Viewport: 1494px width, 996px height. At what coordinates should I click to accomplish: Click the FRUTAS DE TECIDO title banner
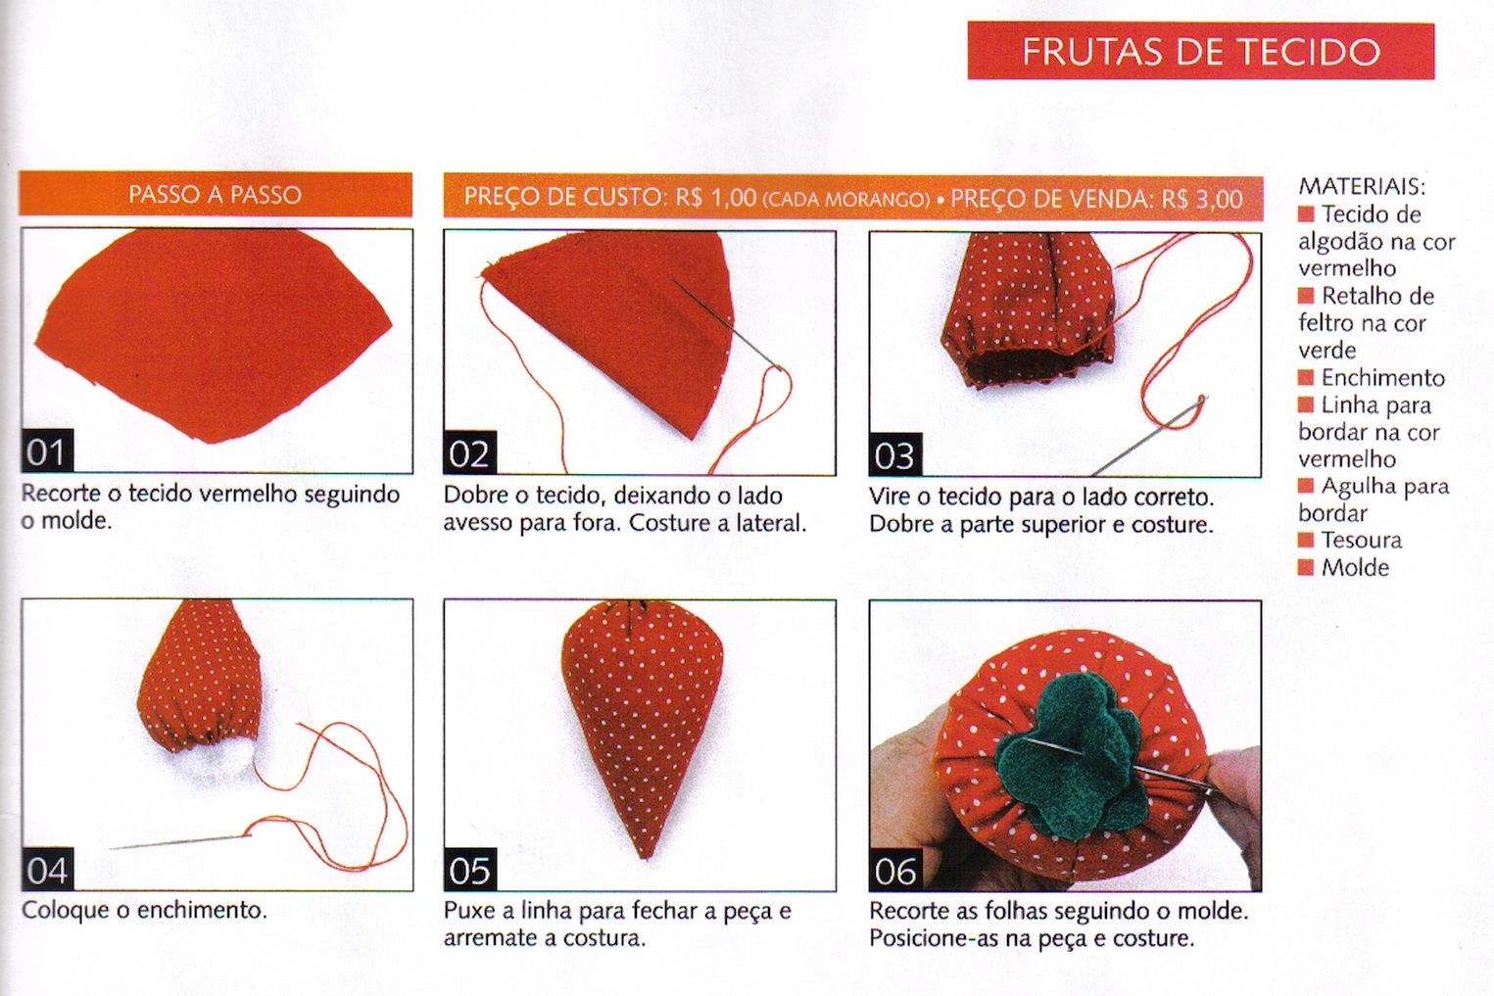[x=1200, y=51]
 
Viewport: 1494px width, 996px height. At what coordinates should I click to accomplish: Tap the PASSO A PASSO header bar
[x=215, y=195]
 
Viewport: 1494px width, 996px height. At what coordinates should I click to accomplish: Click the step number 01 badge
[x=47, y=452]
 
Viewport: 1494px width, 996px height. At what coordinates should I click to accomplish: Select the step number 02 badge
[x=470, y=453]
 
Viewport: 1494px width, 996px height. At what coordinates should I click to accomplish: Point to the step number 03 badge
[x=895, y=455]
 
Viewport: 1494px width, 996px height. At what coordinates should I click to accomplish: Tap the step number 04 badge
[x=47, y=870]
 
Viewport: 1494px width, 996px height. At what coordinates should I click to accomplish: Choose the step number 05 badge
[x=470, y=870]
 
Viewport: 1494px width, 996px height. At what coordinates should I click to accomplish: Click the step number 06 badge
[x=895, y=871]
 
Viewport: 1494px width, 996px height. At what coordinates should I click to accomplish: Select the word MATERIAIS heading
[x=1362, y=187]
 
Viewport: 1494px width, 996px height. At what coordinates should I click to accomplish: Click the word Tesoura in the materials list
[x=1362, y=540]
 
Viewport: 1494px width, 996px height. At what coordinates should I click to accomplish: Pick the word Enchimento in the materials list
[x=1382, y=378]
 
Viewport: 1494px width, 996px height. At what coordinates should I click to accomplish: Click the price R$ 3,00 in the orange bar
[x=1202, y=199]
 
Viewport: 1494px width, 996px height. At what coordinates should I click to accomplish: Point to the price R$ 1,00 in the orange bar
[x=716, y=198]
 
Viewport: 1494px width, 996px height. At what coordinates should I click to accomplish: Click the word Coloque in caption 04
[x=66, y=911]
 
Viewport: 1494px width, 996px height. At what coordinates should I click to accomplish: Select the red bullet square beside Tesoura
[x=1306, y=540]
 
